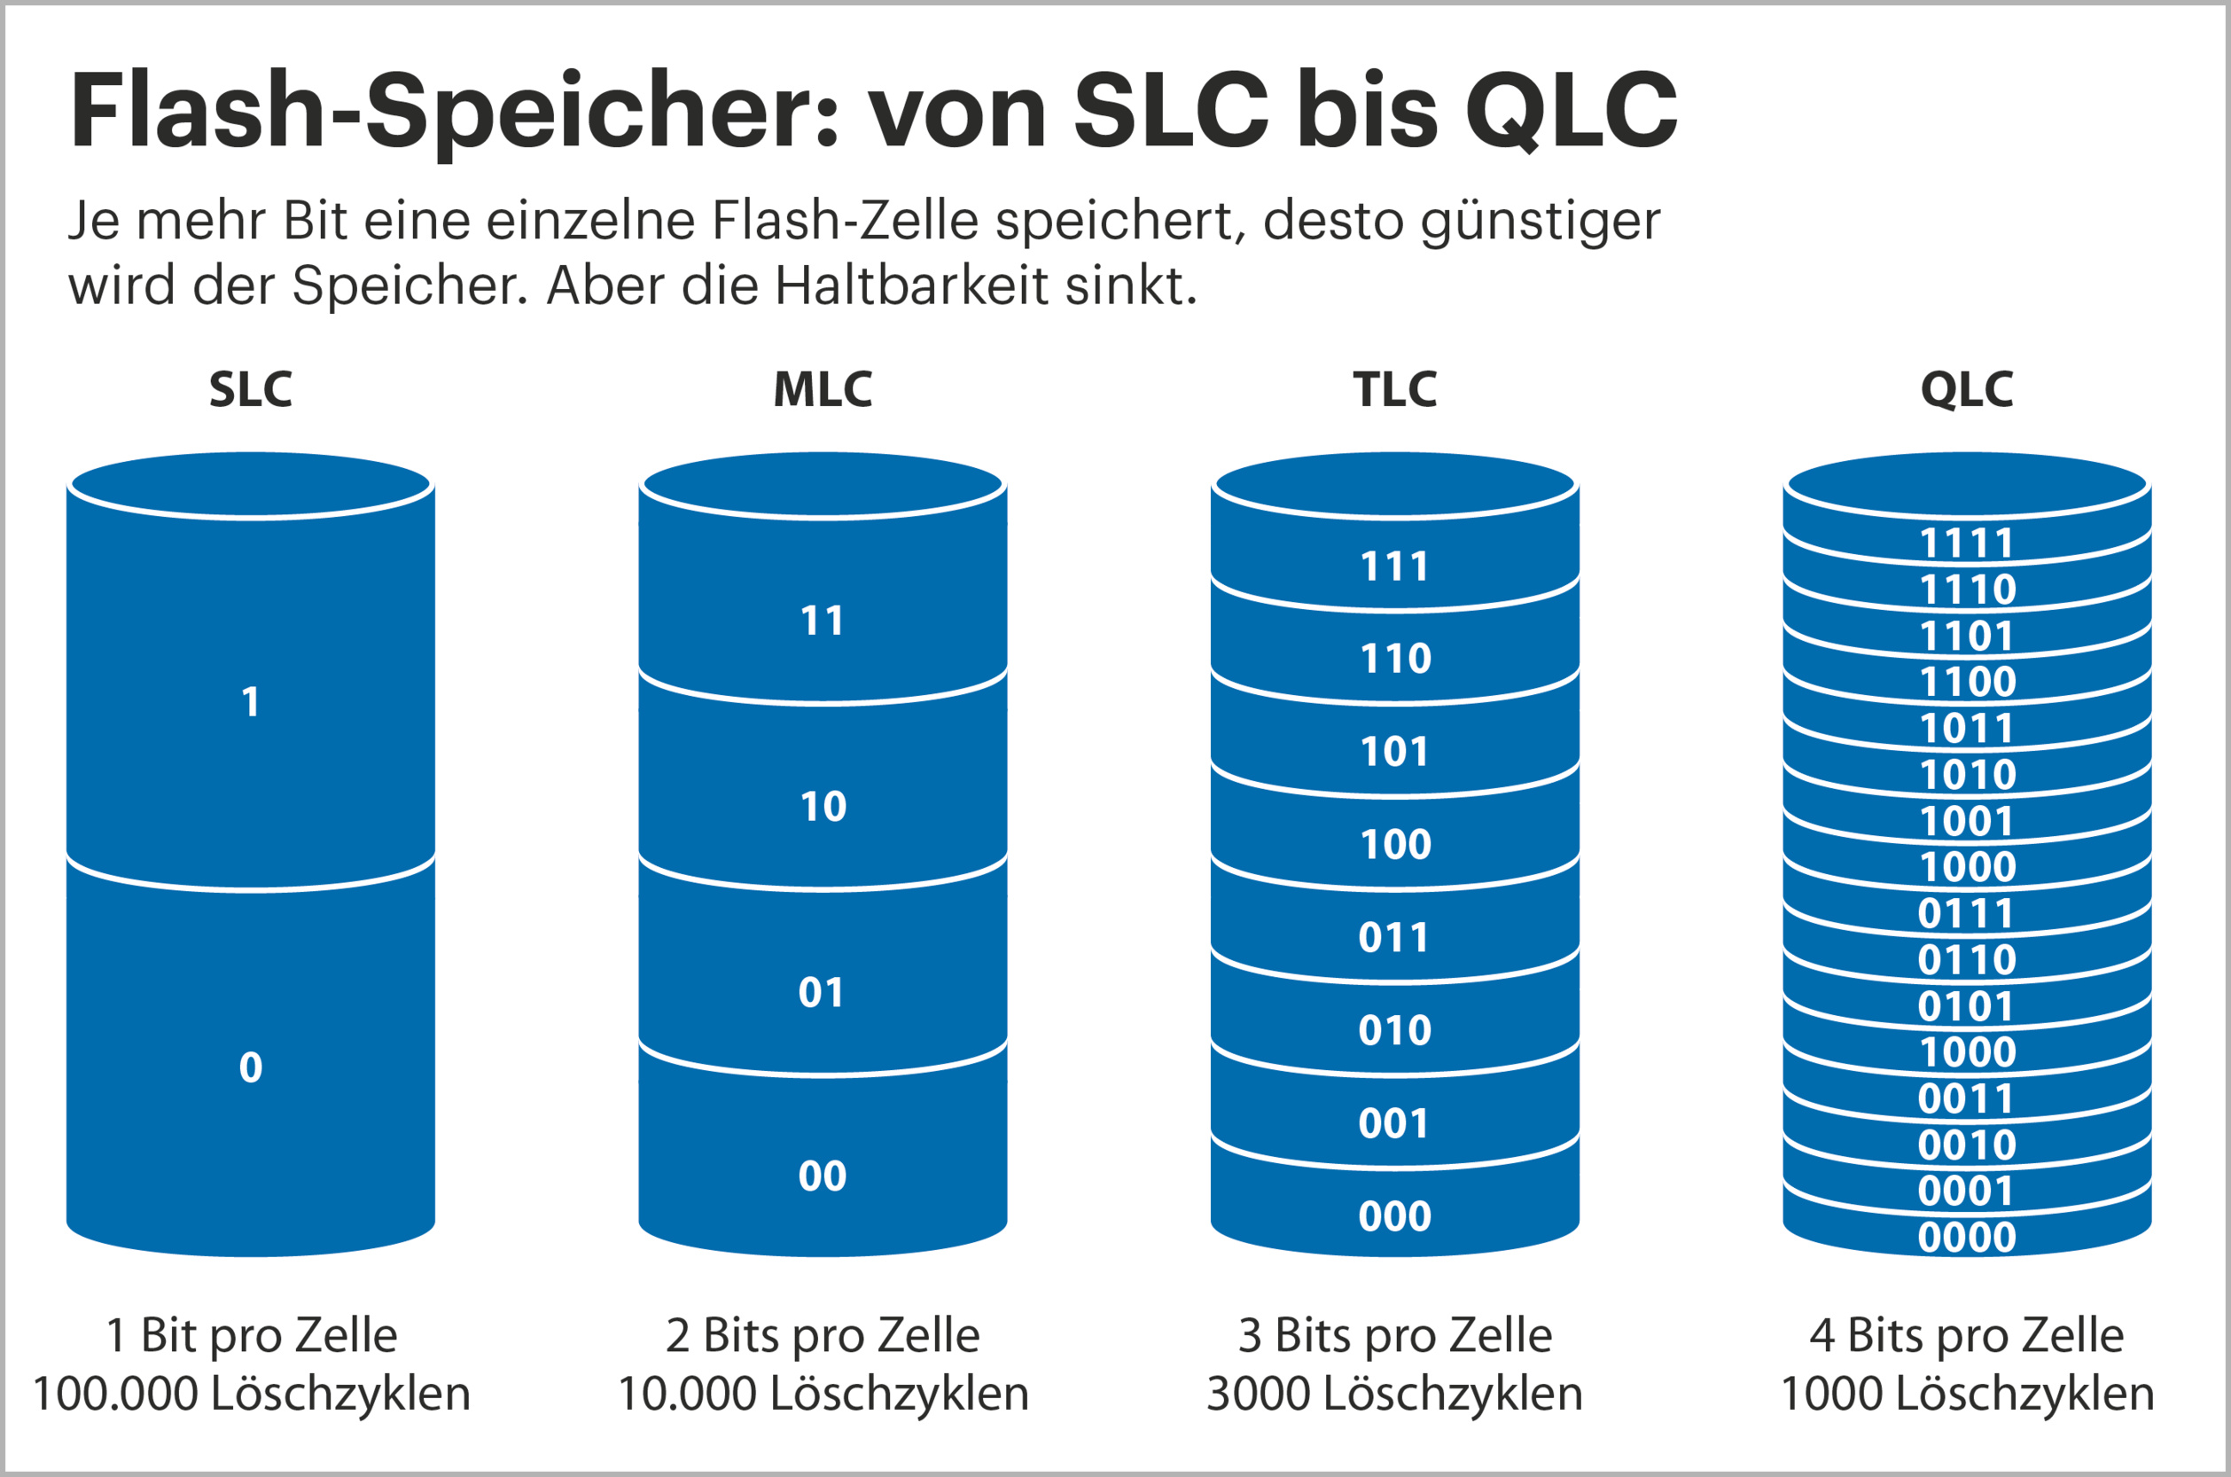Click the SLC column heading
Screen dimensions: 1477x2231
pos(251,389)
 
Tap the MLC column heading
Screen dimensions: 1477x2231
pos(823,389)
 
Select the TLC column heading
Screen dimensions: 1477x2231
pos(1395,389)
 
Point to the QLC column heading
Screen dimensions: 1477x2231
pos(1966,389)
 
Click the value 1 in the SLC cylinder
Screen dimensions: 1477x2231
pos(251,702)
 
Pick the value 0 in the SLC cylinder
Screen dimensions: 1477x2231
pos(251,1067)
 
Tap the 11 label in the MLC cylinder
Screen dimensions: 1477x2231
pos(823,621)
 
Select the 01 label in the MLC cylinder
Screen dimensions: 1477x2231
pos(821,993)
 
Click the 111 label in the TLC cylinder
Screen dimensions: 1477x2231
pos(1395,567)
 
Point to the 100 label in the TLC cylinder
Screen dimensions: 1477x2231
pos(1396,844)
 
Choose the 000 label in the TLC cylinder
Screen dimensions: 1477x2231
pos(1395,1216)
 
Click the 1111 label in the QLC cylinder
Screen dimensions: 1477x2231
pos(1966,543)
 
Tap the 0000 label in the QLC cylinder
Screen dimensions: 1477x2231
pos(1966,1238)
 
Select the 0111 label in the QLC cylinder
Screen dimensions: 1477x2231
pos(1965,914)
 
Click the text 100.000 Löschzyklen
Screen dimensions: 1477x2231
pos(252,1393)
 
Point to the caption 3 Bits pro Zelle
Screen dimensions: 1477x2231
pos(1395,1335)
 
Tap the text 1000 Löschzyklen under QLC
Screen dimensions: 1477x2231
pos(1966,1393)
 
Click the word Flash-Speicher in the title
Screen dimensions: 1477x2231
pos(452,111)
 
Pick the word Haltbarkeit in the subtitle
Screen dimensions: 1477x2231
pos(910,285)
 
